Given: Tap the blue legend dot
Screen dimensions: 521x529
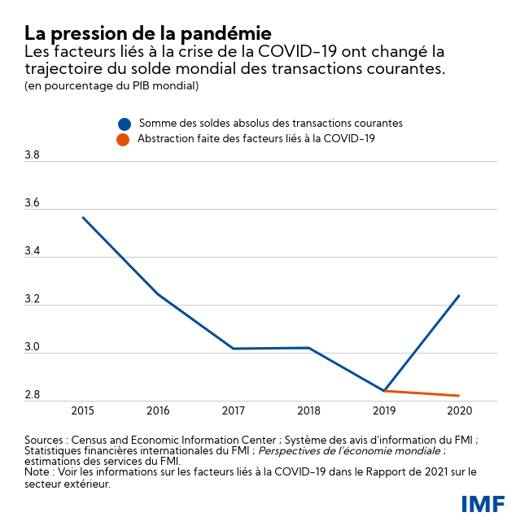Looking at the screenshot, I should click(124, 124).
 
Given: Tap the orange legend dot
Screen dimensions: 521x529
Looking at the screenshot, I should click(124, 140).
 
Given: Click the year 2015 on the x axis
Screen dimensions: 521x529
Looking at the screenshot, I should click(83, 410).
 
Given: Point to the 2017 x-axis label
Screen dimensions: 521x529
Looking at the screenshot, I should click(234, 410).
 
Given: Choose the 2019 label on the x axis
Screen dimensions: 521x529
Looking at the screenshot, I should click(384, 410).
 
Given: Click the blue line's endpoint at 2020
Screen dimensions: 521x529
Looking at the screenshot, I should click(460, 295).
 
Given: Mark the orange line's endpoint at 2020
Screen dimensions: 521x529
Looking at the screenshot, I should click(460, 396).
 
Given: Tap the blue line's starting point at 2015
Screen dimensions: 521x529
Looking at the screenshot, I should click(83, 217).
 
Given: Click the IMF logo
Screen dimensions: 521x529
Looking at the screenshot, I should click(483, 503).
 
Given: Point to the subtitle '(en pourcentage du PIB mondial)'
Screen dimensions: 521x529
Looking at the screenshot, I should click(111, 85).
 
